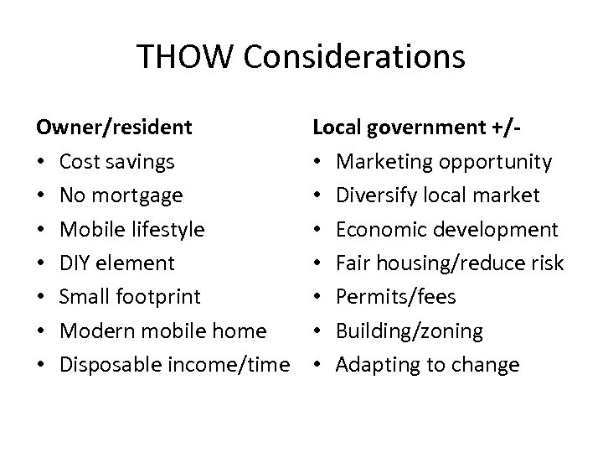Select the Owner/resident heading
[x=114, y=128]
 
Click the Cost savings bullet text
[x=118, y=162]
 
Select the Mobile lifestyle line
[x=132, y=229]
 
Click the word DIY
[x=76, y=263]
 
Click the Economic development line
[x=446, y=229]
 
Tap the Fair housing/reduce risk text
[x=450, y=263]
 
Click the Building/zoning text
[x=410, y=331]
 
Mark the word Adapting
[x=375, y=365]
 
